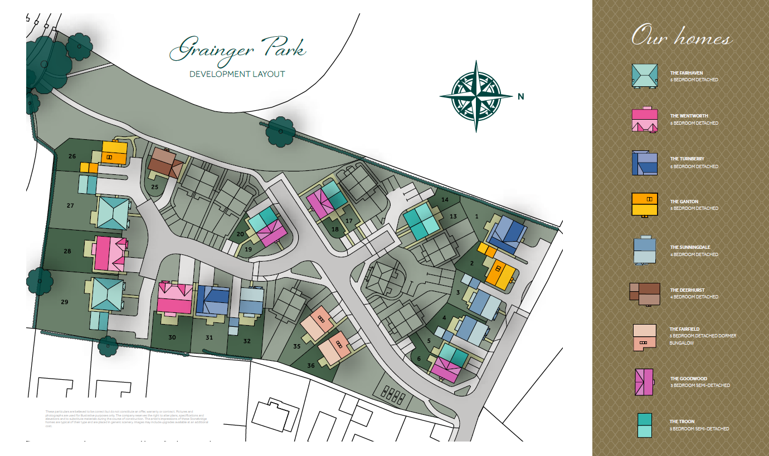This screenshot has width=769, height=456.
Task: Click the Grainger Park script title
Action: point(238,50)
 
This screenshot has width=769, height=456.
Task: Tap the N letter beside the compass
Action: point(521,96)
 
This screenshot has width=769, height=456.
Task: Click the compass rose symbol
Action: point(476,96)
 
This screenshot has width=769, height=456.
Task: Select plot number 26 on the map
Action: point(72,156)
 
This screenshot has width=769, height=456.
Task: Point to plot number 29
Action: point(65,302)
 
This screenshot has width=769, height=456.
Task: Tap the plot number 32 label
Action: point(247,341)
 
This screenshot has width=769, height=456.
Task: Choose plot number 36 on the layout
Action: point(310,366)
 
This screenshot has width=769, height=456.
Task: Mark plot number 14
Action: point(445,199)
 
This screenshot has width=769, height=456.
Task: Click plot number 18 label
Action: point(334,229)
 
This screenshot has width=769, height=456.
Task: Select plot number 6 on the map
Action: point(419,359)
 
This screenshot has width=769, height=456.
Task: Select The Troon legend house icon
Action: point(645,425)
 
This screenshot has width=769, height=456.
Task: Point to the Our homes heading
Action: point(681,37)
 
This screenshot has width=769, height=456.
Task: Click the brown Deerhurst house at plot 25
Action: point(166,163)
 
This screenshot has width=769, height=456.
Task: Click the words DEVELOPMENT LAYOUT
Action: point(237,74)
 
